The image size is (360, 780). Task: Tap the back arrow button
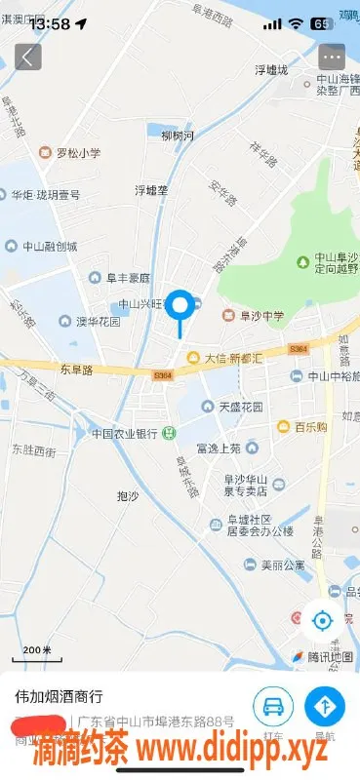coord(27,56)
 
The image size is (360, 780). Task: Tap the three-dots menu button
coord(332,56)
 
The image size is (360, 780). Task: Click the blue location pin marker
coord(180,306)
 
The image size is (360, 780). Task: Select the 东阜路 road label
coord(75,370)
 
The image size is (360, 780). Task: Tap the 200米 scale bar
coord(37,649)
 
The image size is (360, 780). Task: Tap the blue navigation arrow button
coord(325,705)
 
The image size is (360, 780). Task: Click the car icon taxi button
coord(273,705)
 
